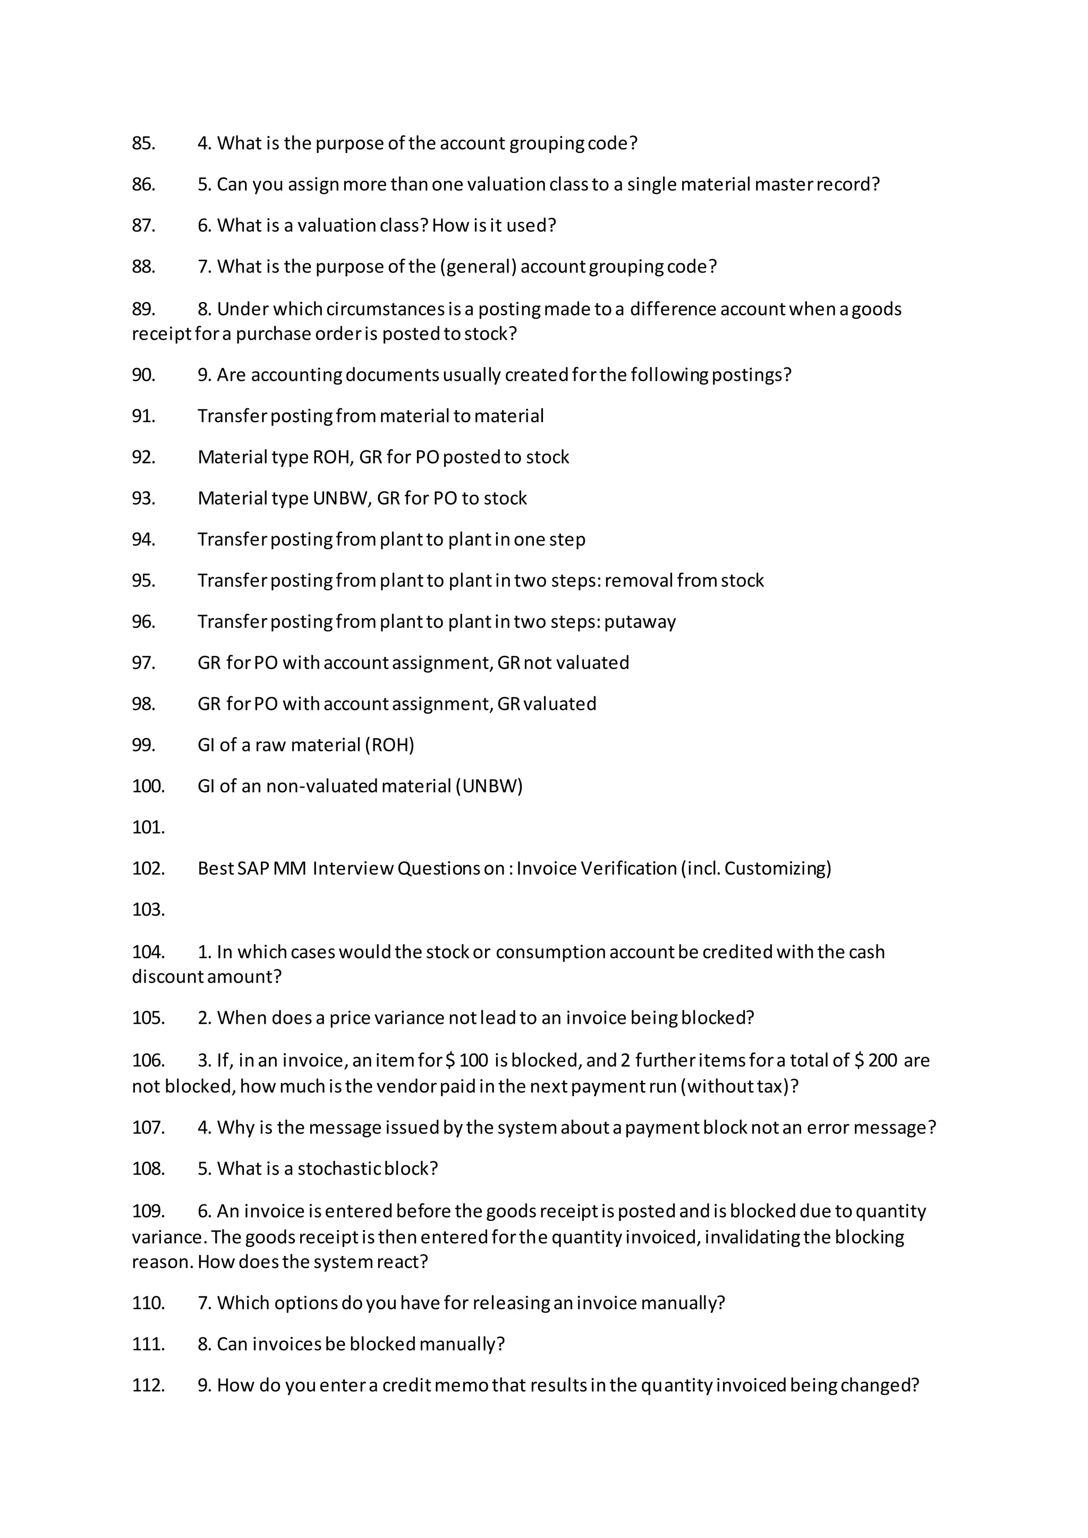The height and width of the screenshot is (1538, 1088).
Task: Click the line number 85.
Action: pyautogui.click(x=143, y=143)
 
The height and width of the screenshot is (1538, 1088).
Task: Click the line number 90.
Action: pyautogui.click(x=143, y=374)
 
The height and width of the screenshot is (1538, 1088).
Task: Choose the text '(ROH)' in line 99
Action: pyautogui.click(x=389, y=745)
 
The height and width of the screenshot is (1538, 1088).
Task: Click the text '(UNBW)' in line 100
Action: pyautogui.click(x=489, y=786)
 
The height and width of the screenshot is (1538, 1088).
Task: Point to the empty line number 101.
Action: pyautogui.click(x=148, y=827)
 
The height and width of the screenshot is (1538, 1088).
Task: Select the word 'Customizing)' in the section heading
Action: pyautogui.click(x=778, y=868)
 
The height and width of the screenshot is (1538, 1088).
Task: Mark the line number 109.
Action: pyautogui.click(x=148, y=1211)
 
